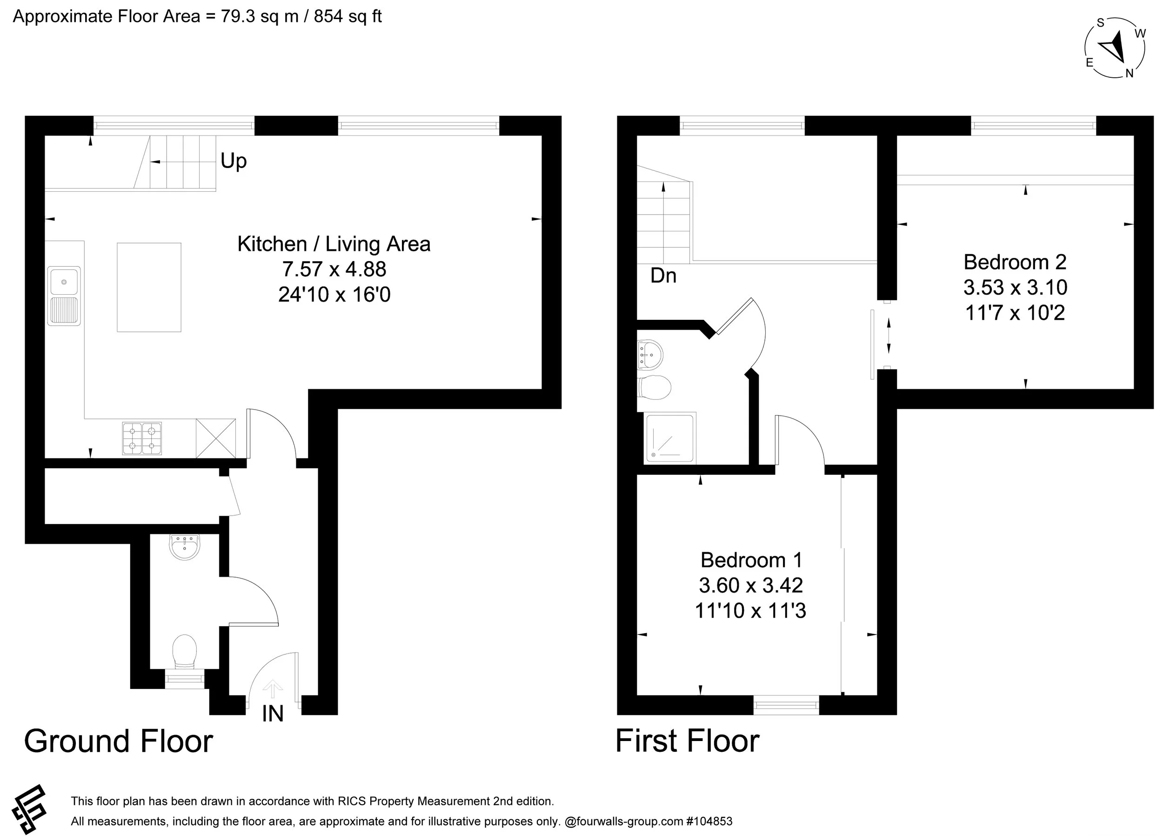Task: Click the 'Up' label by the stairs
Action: tap(234, 161)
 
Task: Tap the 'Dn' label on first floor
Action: tap(663, 276)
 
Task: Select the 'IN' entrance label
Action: tap(272, 714)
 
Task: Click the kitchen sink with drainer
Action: tap(64, 296)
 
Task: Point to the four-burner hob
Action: tap(142, 438)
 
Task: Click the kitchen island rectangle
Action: tap(149, 287)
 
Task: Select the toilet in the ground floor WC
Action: tap(185, 651)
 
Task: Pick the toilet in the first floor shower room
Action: tap(655, 387)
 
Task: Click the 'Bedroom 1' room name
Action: tap(751, 560)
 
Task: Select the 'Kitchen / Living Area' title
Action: tap(334, 244)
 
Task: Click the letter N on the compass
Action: tap(1129, 74)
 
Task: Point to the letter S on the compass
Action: tap(1100, 23)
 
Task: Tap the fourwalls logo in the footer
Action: tap(30, 809)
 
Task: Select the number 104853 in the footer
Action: tap(712, 821)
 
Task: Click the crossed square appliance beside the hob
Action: tap(216, 438)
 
